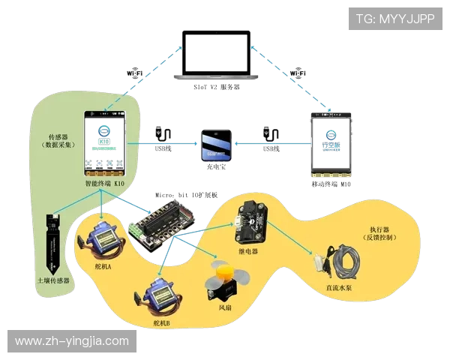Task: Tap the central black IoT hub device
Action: click(216, 145)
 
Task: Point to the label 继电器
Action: click(247, 252)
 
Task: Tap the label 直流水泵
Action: click(341, 286)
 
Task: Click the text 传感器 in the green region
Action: click(59, 136)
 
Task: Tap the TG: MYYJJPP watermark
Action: click(395, 19)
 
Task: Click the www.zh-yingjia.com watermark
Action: click(72, 341)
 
